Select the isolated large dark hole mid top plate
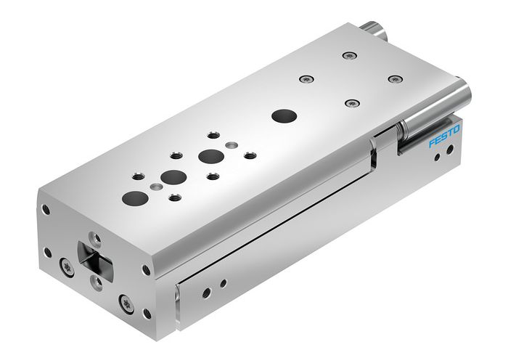pyautogui.click(x=282, y=115)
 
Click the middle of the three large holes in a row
pyautogui.click(x=173, y=176)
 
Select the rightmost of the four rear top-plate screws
pyautogui.click(x=395, y=78)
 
